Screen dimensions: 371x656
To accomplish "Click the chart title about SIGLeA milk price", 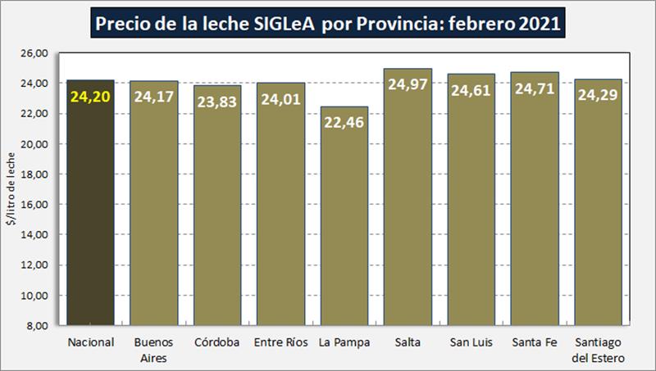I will coord(328,22).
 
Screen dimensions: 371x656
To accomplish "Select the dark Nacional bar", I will coord(90,213).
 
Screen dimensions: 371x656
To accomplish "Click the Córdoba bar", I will coord(217,213).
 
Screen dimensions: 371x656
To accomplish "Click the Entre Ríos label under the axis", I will coord(280,342).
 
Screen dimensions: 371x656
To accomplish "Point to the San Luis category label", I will coord(471,342).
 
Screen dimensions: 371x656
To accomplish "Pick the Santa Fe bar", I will coord(535,213).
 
